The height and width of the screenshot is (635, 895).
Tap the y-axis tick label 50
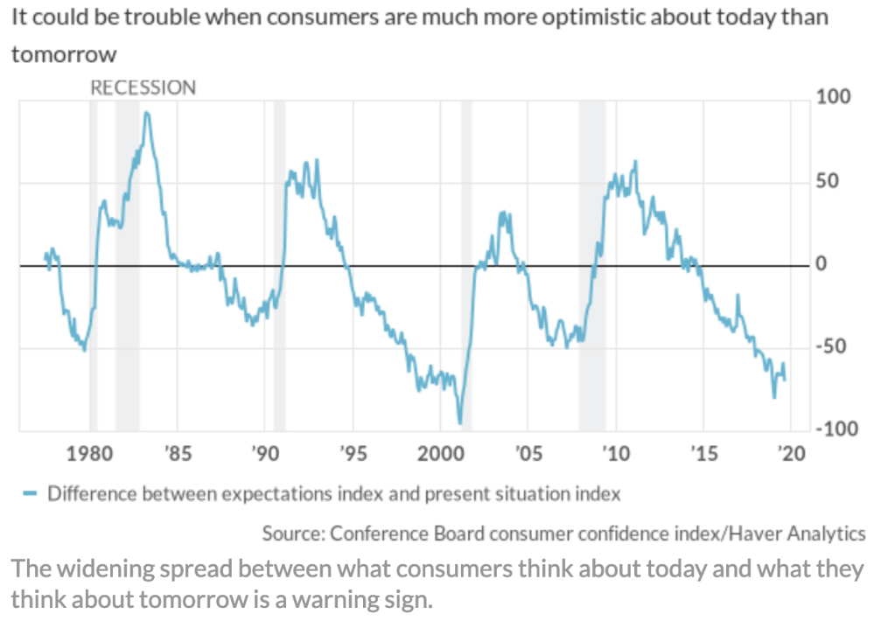(829, 181)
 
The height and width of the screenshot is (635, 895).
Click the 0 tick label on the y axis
(822, 264)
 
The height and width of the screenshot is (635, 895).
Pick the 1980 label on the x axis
(90, 455)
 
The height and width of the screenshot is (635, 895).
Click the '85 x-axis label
(178, 455)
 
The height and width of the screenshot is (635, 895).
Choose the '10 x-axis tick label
(615, 455)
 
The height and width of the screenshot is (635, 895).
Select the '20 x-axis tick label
(790, 455)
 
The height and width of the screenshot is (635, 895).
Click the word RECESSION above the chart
(143, 87)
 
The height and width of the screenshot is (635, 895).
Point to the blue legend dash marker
(29, 494)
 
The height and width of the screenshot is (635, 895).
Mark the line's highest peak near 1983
(146, 112)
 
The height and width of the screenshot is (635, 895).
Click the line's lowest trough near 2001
(460, 423)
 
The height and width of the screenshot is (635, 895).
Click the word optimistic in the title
(590, 17)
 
